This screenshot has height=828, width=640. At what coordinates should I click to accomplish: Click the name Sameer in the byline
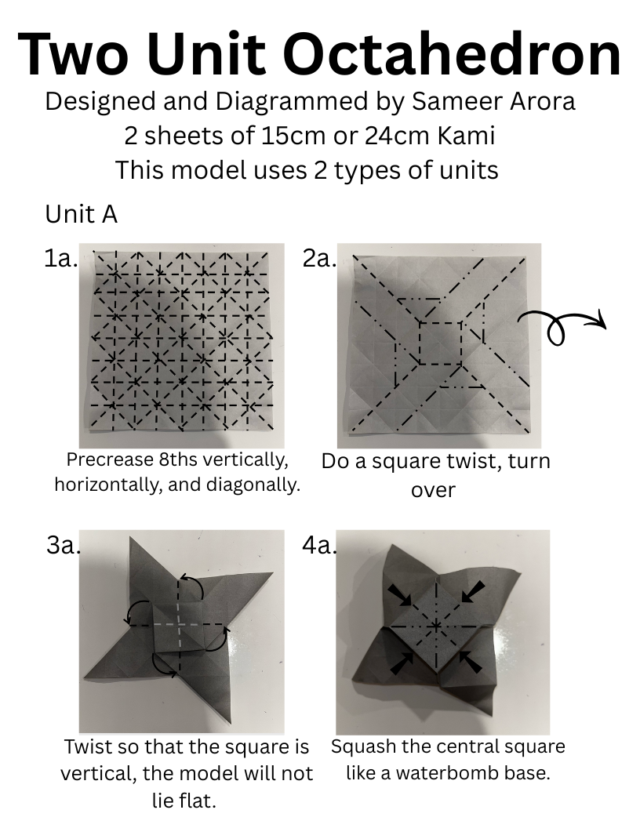tap(456, 101)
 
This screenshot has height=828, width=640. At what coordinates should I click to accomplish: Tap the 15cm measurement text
tap(292, 136)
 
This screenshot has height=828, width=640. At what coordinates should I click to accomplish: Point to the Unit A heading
tap(82, 214)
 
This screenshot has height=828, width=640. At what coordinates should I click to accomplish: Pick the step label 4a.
tap(319, 546)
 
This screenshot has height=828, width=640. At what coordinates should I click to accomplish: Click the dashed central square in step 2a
tap(441, 343)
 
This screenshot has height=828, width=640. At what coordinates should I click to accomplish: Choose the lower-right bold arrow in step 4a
tap(471, 663)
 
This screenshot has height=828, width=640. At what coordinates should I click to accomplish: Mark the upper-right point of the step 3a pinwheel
tap(272, 572)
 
